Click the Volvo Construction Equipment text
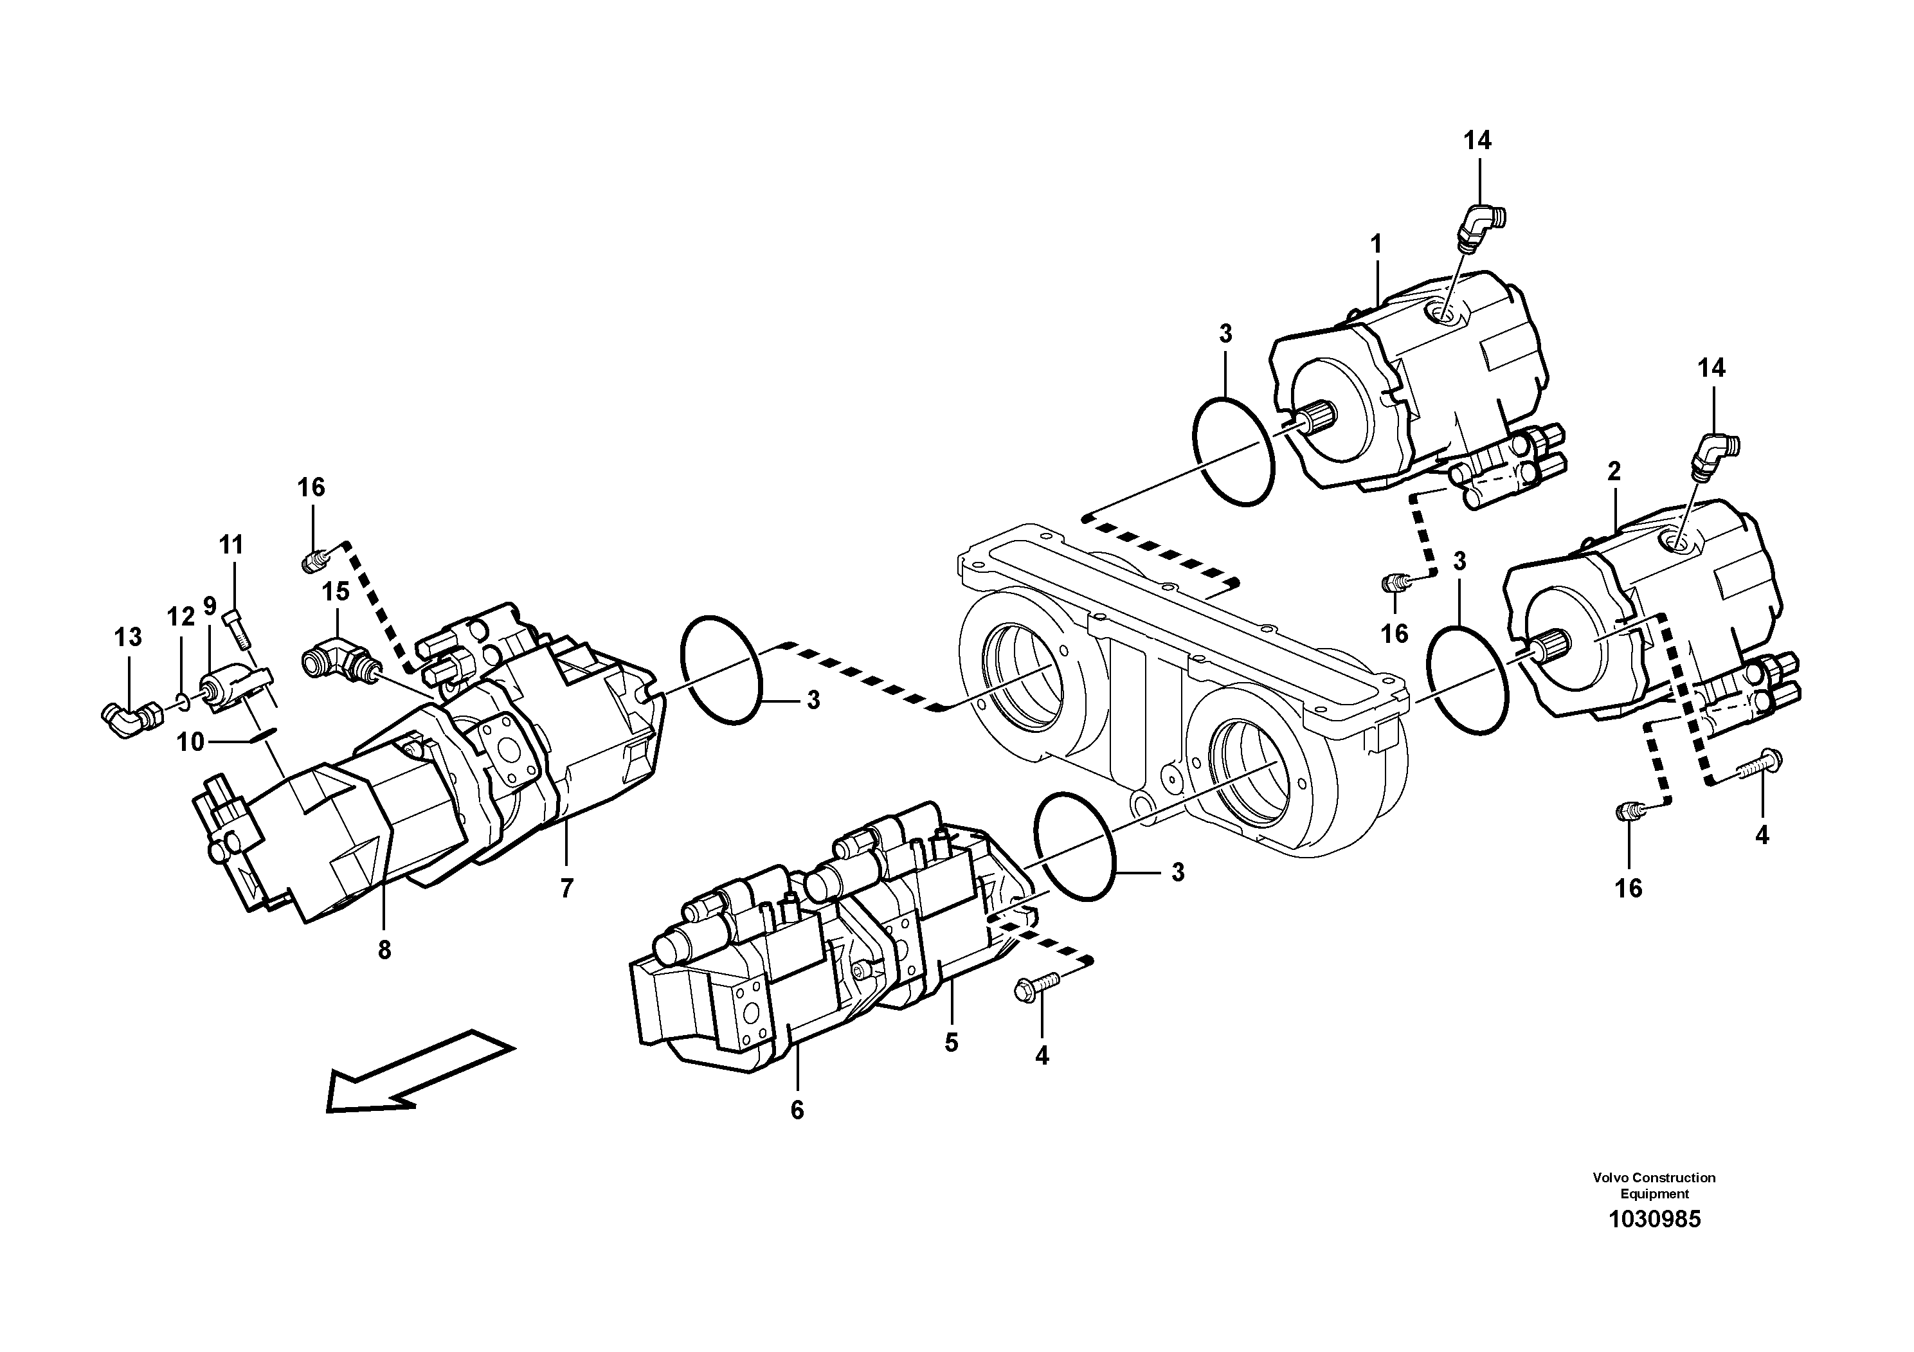(x=1654, y=1185)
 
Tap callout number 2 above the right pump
(x=1614, y=472)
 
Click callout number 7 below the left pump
(x=567, y=889)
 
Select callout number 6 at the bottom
(x=797, y=1110)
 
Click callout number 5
(x=951, y=1043)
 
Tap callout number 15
(x=336, y=593)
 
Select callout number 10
(x=191, y=741)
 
